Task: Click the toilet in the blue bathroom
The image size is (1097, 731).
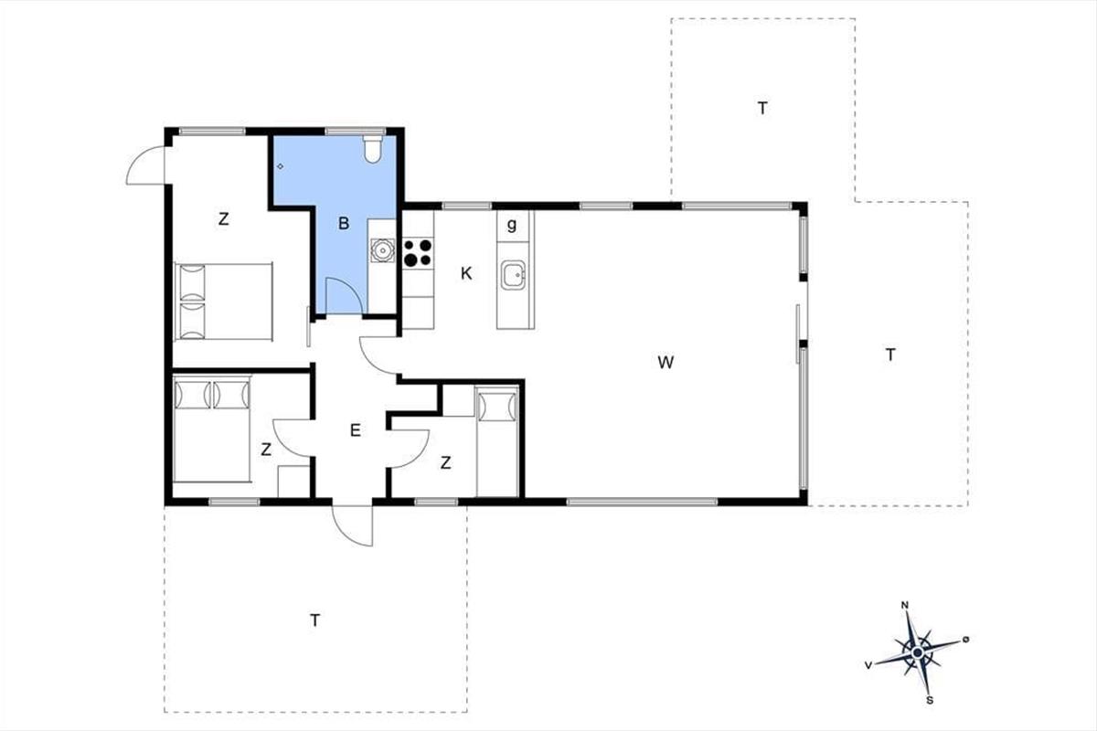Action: pyautogui.click(x=373, y=149)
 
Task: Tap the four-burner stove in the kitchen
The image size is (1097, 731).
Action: pyautogui.click(x=418, y=252)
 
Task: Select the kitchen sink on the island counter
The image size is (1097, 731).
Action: pyautogui.click(x=513, y=276)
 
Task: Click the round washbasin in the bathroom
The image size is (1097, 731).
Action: pyautogui.click(x=382, y=250)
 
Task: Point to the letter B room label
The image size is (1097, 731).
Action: pyautogui.click(x=344, y=224)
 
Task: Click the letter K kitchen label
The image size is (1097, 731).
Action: pyautogui.click(x=466, y=274)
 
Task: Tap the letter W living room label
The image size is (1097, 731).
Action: pyautogui.click(x=666, y=363)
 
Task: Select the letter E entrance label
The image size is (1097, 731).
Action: pyautogui.click(x=356, y=430)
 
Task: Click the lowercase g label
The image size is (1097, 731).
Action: pyautogui.click(x=512, y=225)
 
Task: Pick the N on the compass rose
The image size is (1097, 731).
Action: pyautogui.click(x=904, y=606)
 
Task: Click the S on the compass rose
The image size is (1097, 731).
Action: pyautogui.click(x=930, y=701)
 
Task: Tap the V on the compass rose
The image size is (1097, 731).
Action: pyautogui.click(x=868, y=665)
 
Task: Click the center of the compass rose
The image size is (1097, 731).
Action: pyautogui.click(x=918, y=652)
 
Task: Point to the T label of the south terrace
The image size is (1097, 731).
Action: pyautogui.click(x=314, y=620)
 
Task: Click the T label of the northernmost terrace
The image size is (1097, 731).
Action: pyautogui.click(x=762, y=108)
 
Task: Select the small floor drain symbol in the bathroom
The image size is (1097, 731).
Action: pyautogui.click(x=280, y=166)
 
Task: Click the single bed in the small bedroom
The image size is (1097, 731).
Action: pyautogui.click(x=497, y=440)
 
